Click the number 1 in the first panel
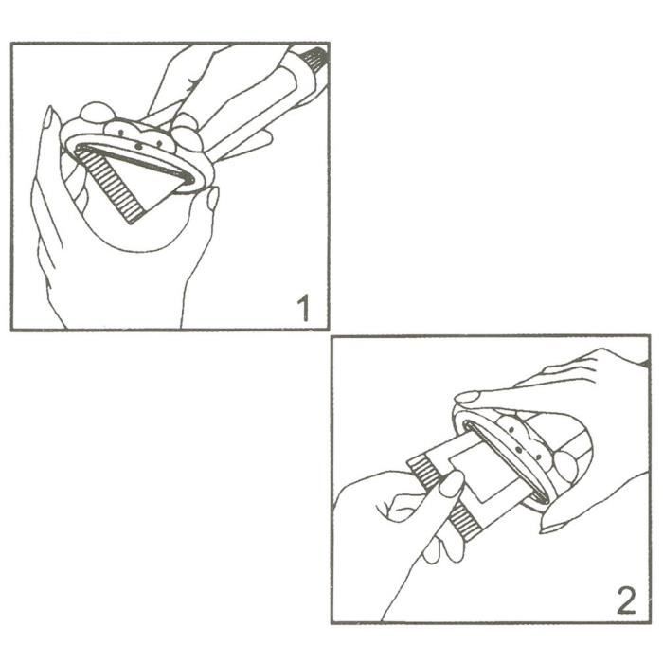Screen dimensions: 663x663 coord(303,308)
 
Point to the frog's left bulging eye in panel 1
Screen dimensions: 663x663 coord(95,114)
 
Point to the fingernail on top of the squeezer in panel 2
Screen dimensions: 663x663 coord(468,398)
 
